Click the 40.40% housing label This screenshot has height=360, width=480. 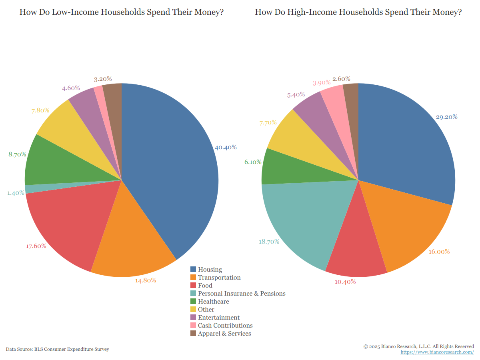coord(226,147)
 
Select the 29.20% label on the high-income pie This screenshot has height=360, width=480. coord(446,117)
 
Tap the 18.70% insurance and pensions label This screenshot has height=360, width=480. coord(269,242)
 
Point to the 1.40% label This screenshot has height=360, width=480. coord(16,193)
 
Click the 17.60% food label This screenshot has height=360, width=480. coord(36,246)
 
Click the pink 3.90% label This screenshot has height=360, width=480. coord(321,83)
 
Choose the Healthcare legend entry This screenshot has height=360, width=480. coord(213,302)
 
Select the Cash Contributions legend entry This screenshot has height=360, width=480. coord(225,326)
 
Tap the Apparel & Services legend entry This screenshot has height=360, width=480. coord(224,334)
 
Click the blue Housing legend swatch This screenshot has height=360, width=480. coord(193,270)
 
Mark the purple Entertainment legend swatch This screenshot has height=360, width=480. coord(193,318)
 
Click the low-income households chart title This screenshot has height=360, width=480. coord(122,12)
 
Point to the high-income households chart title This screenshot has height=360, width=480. coord(358,12)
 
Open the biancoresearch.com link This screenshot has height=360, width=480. coord(437,352)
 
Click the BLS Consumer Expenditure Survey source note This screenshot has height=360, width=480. coord(58,349)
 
